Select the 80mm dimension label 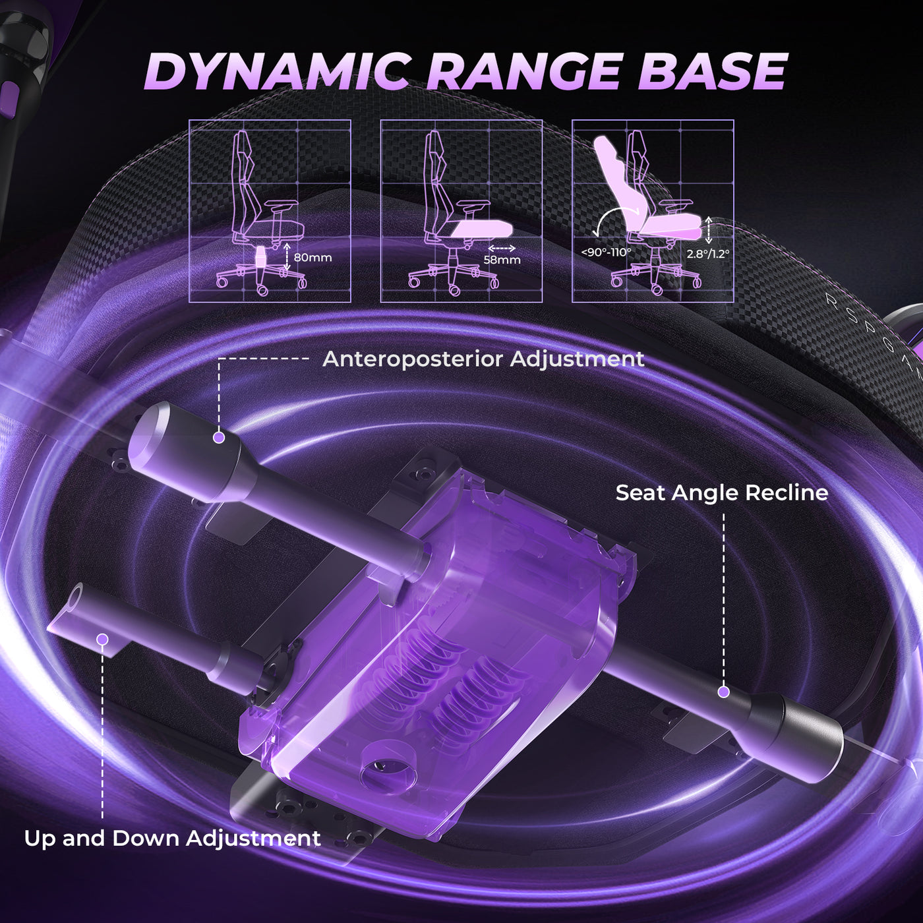[313, 257]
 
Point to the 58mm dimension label [502, 260]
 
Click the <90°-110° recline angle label [606, 252]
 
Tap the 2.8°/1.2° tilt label [708, 253]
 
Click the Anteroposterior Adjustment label [483, 359]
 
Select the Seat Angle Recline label [721, 492]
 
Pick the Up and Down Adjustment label [172, 838]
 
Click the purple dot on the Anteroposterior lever [219, 437]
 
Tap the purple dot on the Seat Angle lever [723, 692]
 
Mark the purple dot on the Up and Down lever [102, 639]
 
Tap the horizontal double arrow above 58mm [502, 248]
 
